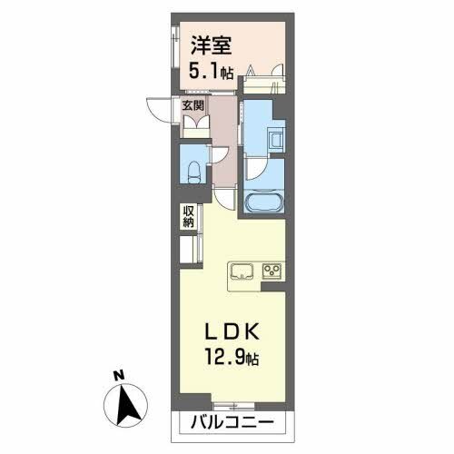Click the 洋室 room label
tap(208, 43)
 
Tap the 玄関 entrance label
tap(193, 104)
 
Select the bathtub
tap(264, 201)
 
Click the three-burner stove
tap(271, 271)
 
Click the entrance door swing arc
tap(162, 109)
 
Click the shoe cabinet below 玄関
tap(195, 125)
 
